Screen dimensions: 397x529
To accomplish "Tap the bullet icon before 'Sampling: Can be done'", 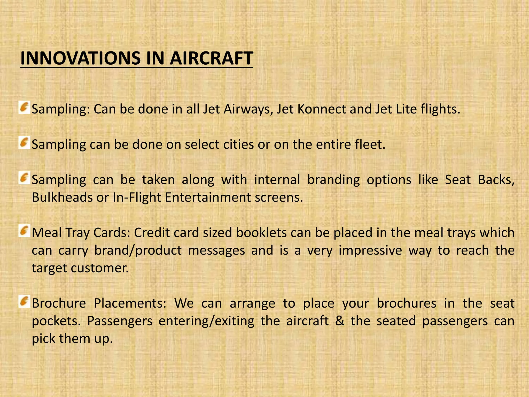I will (24, 108).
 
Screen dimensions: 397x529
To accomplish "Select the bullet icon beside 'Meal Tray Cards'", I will (24, 231).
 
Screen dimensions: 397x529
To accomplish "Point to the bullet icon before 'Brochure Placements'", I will (24, 301).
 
